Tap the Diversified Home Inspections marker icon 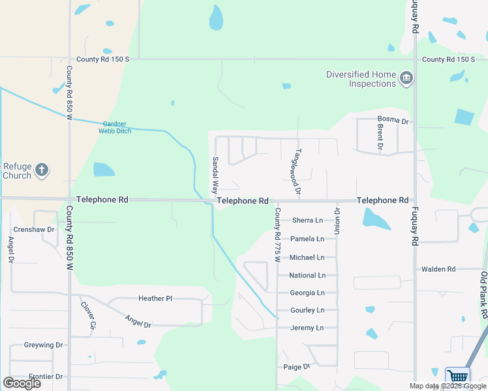(406, 79)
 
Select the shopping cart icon (458, 377)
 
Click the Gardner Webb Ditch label (115, 127)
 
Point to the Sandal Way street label (214, 175)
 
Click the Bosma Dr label (393, 121)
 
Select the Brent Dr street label (380, 136)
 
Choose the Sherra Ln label (307, 220)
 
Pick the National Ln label (307, 275)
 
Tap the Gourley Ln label (307, 310)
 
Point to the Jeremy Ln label (307, 328)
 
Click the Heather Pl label (155, 298)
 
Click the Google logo (22, 383)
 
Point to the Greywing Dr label (43, 345)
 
